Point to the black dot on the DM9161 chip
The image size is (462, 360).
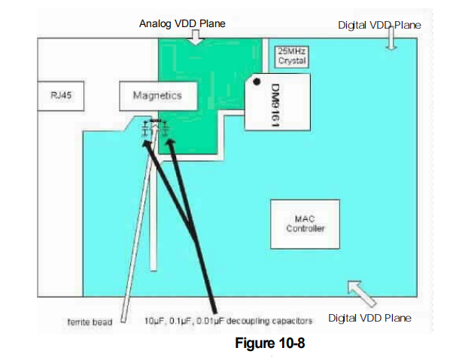[x=257, y=81]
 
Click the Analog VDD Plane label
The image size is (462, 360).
[x=183, y=24]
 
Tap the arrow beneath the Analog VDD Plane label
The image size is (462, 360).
[x=196, y=36]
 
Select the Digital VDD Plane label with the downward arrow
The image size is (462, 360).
[x=379, y=25]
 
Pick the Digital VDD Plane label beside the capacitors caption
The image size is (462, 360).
[x=369, y=319]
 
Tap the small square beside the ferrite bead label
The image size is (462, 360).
[x=121, y=319]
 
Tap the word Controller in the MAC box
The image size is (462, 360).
[x=305, y=229]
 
